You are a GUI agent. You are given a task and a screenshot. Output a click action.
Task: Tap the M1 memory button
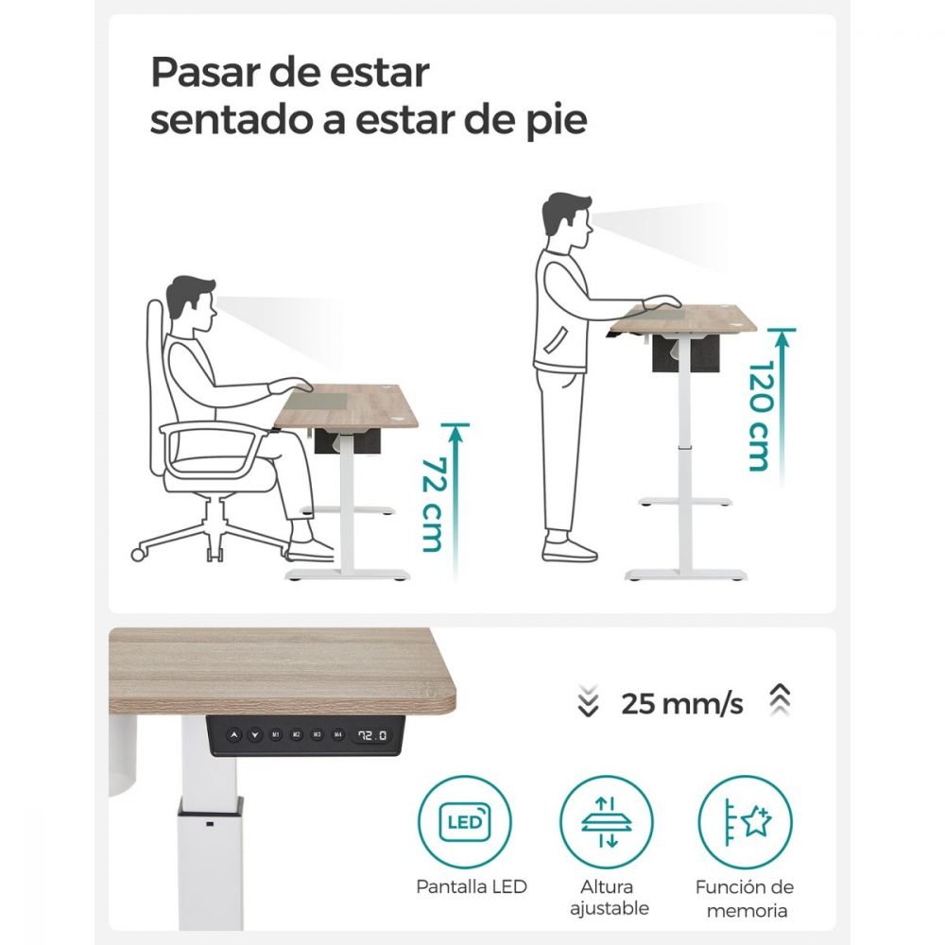pos(276,734)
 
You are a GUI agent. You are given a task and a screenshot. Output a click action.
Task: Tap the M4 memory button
pos(338,734)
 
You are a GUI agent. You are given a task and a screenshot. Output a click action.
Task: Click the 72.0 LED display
pos(371,735)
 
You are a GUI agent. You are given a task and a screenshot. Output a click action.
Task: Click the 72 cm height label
pos(433,505)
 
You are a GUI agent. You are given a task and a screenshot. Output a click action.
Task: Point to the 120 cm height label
pos(760,416)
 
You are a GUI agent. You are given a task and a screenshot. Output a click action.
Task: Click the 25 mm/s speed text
pos(682,703)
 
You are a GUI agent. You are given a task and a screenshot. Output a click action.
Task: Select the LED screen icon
pos(465,822)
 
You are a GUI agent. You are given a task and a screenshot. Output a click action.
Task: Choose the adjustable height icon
pos(607,822)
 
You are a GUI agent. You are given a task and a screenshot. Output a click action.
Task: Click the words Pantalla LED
pos(472,886)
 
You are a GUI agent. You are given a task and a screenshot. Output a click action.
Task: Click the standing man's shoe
pos(568,549)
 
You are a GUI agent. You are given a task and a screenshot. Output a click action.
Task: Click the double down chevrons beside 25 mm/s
pos(588,701)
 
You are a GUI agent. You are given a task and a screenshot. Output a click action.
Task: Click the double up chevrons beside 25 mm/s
pos(780,699)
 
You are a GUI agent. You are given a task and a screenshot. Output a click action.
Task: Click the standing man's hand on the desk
pos(661,302)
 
